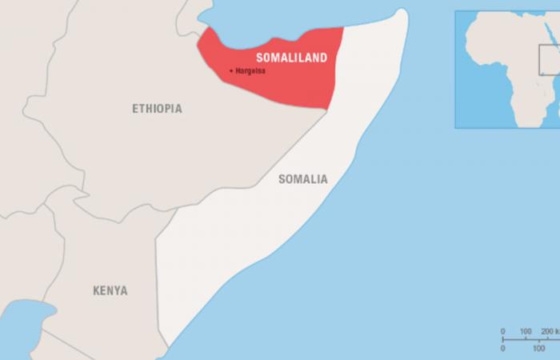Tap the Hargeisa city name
click(250, 71)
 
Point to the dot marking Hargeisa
click(232, 71)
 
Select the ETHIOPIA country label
click(157, 108)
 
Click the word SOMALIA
click(302, 179)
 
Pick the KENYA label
click(110, 290)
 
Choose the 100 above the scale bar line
click(526, 331)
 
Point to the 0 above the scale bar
click(502, 331)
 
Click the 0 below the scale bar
click(502, 348)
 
